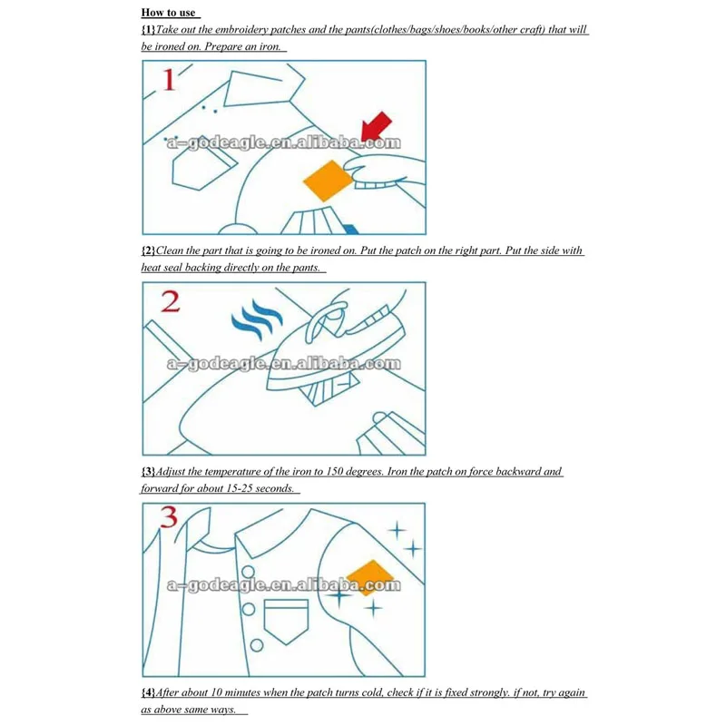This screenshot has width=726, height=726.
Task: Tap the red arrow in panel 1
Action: pos(378,125)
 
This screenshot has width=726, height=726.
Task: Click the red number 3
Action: pos(169,520)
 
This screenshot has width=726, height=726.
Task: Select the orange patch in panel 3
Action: pos(368,574)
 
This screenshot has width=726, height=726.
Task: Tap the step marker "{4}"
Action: pos(148,693)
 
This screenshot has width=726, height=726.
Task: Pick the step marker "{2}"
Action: pos(148,250)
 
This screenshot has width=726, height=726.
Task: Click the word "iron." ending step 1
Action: pos(270,45)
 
